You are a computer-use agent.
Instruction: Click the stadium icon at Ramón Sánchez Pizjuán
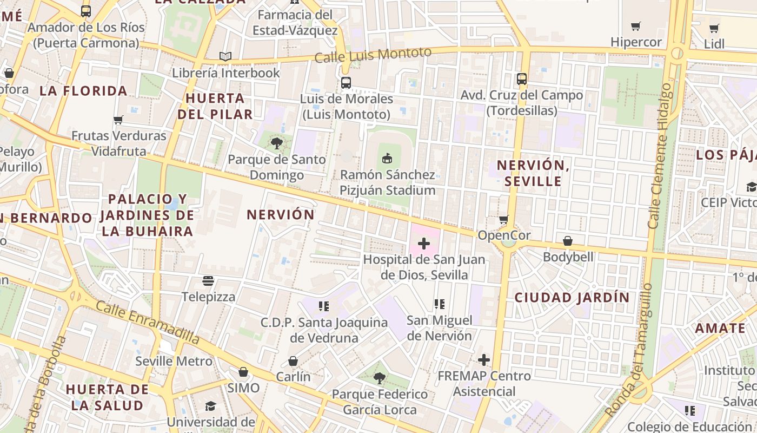387,159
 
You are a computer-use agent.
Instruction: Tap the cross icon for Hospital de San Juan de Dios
424,244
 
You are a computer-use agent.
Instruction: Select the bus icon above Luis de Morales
346,83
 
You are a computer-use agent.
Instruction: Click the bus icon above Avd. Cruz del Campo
522,79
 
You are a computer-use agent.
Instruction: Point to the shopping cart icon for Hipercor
636,26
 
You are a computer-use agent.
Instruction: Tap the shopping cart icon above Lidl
714,28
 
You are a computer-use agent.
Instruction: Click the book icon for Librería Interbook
225,56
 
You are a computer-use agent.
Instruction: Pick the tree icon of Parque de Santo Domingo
277,143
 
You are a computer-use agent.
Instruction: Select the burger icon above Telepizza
208,280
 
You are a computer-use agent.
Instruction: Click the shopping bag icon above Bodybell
568,241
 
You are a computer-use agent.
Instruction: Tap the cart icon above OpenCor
504,219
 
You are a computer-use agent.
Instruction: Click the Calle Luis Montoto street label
373,55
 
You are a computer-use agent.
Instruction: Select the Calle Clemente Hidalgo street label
661,156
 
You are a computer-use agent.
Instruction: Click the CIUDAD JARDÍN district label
572,297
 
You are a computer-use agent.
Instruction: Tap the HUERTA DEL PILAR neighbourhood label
215,106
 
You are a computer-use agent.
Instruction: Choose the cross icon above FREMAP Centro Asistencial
484,359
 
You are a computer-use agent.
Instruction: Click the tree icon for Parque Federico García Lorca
380,378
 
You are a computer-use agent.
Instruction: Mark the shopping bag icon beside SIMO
243,372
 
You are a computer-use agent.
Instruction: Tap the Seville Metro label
174,361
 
